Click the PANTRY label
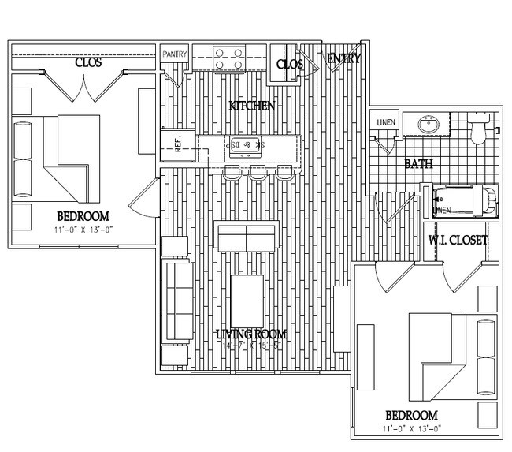[175, 54]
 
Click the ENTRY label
[343, 58]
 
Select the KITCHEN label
[251, 106]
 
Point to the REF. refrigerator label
[179, 144]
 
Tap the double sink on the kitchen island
[246, 145]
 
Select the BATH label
[417, 164]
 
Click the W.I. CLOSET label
[458, 241]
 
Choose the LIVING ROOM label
[251, 334]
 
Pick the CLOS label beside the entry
[290, 64]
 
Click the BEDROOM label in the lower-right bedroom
[410, 416]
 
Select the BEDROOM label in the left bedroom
[82, 216]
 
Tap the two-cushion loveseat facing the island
[246, 237]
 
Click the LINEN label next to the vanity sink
[385, 122]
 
